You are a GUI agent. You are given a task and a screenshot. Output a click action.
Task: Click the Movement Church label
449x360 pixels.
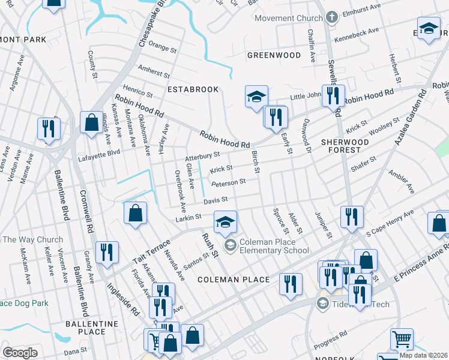coord(289,18)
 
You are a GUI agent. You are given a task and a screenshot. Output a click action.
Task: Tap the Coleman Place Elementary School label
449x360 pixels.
coord(274,246)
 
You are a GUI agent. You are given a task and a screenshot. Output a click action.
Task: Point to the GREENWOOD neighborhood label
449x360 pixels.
coord(274,55)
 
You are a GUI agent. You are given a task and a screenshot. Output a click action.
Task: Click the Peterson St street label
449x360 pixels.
coord(229,182)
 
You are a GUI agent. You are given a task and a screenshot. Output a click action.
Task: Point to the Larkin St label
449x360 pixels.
coord(188,217)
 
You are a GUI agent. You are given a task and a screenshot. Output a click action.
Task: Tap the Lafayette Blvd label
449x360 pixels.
coord(99,159)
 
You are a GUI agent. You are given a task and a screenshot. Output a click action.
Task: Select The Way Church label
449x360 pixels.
coord(33,240)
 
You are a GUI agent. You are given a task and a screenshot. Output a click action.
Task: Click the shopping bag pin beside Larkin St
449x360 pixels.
coord(136,213)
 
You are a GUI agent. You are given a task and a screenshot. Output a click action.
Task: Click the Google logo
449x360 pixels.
coord(20,352)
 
